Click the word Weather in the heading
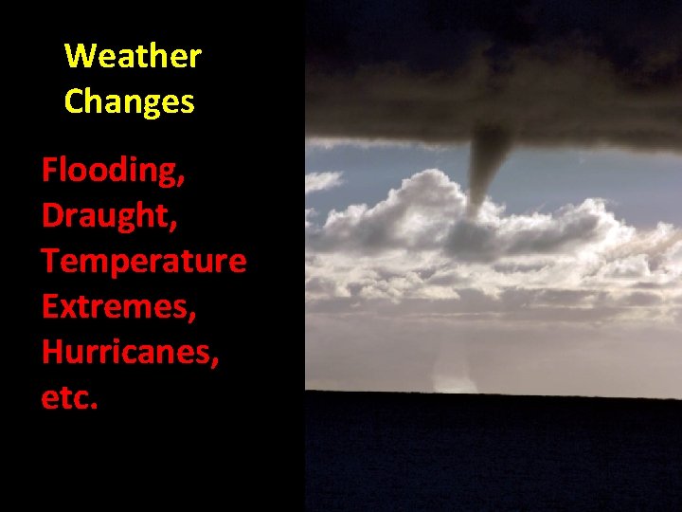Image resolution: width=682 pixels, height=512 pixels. (x=133, y=57)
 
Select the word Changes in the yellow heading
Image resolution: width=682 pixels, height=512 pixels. (x=129, y=101)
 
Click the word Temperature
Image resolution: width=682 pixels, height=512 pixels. (x=143, y=262)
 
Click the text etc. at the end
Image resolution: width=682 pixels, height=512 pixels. (x=69, y=398)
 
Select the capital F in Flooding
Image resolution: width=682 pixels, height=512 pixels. (x=50, y=172)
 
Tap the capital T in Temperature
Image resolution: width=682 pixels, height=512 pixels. (x=50, y=262)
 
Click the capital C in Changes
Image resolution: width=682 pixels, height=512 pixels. (x=75, y=101)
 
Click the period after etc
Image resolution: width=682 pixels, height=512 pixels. (x=94, y=407)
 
